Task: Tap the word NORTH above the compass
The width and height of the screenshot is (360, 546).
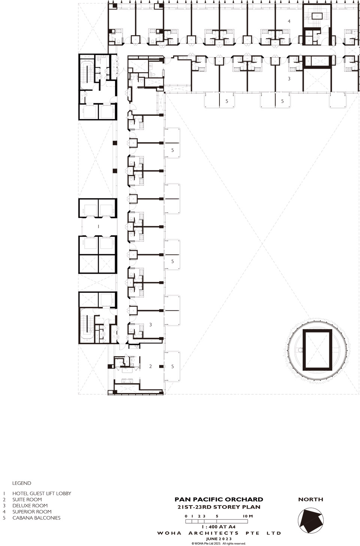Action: (311, 500)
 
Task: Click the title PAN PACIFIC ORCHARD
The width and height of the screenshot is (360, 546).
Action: (219, 500)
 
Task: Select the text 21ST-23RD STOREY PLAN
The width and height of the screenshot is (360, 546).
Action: (219, 507)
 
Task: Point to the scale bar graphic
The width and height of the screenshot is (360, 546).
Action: (217, 521)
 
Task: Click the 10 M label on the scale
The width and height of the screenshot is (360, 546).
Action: (248, 516)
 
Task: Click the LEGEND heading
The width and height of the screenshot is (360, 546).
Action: (22, 483)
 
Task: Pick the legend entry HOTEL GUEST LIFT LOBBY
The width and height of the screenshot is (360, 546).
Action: (42, 493)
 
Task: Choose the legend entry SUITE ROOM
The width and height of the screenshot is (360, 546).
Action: (27, 500)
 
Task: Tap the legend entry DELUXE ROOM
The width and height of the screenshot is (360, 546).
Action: (30, 506)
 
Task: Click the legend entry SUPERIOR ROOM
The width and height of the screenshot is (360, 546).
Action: (32, 512)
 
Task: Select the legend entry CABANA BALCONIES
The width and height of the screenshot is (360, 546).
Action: (36, 518)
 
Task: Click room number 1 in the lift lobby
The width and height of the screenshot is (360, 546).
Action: (98, 227)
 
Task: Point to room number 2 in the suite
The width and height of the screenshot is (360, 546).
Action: (151, 366)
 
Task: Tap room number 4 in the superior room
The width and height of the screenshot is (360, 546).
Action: (289, 21)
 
